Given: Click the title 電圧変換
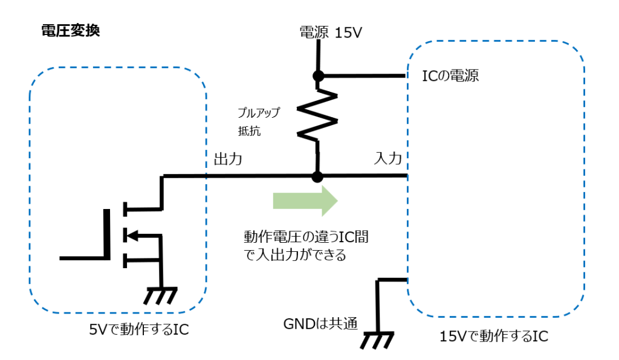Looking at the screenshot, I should (x=70, y=31).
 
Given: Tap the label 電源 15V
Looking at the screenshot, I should (x=331, y=33).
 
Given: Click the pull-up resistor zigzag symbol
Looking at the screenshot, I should (x=317, y=115).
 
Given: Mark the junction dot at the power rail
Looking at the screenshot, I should (x=317, y=76).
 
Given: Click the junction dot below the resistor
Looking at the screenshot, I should (x=317, y=177).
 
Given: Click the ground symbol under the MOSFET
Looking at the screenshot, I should (x=160, y=295).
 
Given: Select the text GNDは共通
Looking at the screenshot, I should (x=320, y=323).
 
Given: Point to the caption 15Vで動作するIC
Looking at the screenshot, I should (x=494, y=336).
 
